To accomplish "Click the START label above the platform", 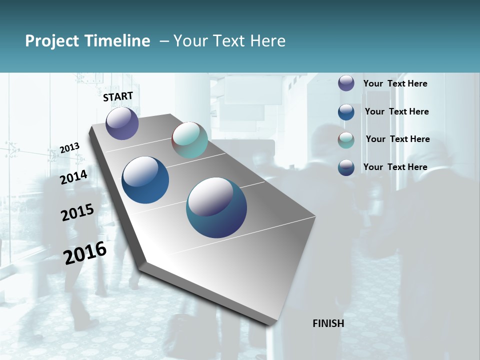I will click(x=118, y=96).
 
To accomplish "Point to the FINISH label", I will click(x=328, y=323).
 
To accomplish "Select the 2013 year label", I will click(x=69, y=147).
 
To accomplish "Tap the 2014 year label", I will click(x=74, y=177).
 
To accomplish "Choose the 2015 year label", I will click(x=77, y=212).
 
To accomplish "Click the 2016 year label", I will click(x=85, y=253).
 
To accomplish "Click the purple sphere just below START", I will click(x=122, y=123).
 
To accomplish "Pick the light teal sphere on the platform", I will click(x=189, y=140).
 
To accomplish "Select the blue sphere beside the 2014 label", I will click(x=145, y=180).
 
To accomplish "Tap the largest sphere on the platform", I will click(x=216, y=207).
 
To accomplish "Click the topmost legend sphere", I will click(x=346, y=83).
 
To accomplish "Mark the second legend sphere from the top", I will click(x=346, y=112).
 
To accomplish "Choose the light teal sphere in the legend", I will click(x=346, y=140).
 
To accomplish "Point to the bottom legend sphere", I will click(x=346, y=167).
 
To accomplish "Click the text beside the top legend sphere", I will click(x=395, y=83).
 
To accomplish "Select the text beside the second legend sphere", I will click(x=396, y=111).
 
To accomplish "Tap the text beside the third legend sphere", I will click(x=397, y=139).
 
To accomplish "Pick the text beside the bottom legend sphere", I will click(x=395, y=167).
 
